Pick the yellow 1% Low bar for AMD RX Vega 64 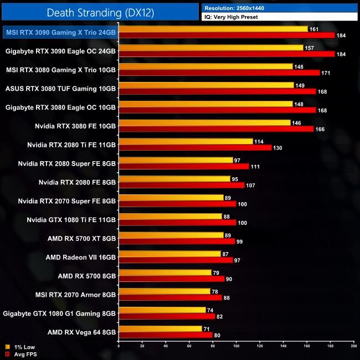pyautogui.click(x=160, y=328)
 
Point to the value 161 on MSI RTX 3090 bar pyautogui.click(x=315, y=29)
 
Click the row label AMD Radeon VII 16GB pyautogui.click(x=81, y=258)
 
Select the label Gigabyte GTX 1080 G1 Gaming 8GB pyautogui.click(x=59, y=313)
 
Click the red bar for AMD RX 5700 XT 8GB pyautogui.click(x=177, y=241)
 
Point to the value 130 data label pyautogui.click(x=278, y=148)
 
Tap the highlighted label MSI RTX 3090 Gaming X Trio pyautogui.click(x=60, y=33)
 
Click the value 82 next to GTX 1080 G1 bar pyautogui.click(x=220, y=316)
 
